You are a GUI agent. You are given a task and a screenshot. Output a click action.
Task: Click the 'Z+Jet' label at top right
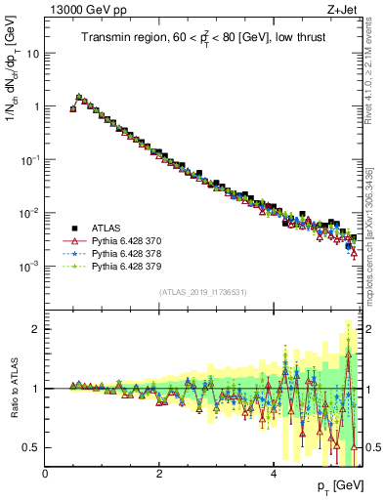[341, 11]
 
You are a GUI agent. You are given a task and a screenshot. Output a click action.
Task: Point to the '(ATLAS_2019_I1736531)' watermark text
[203, 292]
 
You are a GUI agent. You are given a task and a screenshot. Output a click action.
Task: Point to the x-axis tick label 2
[159, 474]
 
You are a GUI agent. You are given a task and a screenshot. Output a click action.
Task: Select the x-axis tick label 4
[274, 474]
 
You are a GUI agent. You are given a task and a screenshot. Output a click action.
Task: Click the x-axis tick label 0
[46, 474]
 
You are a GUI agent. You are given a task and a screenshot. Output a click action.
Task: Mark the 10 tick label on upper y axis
[31, 53]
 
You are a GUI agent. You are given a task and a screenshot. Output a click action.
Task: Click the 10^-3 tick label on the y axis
[29, 266]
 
